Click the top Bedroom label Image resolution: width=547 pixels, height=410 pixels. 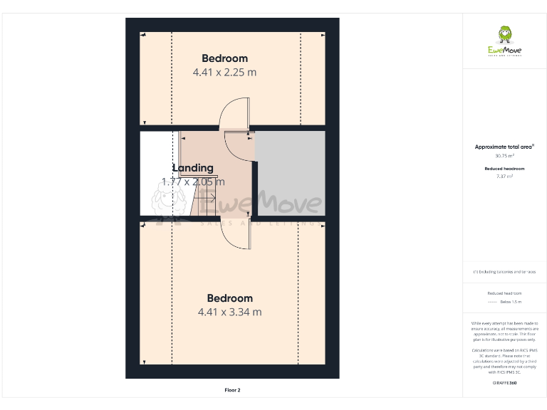224,58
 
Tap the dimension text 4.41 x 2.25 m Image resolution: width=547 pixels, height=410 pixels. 224,72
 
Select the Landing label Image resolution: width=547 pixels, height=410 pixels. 193,168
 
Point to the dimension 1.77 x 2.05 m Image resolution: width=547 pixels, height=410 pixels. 193,182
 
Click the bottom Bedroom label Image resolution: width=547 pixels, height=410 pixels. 229,298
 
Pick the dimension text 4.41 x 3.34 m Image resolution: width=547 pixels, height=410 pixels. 229,312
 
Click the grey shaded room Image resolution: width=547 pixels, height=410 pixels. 291,172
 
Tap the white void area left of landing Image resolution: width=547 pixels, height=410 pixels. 157,173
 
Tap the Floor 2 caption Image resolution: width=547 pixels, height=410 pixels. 233,390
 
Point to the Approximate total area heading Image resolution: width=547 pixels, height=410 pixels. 504,147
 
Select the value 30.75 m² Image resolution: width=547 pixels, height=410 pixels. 504,155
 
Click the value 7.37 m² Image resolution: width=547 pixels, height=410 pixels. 504,176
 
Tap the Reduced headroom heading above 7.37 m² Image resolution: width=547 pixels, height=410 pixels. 504,168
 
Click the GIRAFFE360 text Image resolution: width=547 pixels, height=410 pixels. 504,383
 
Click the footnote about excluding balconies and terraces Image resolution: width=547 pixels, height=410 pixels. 504,272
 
